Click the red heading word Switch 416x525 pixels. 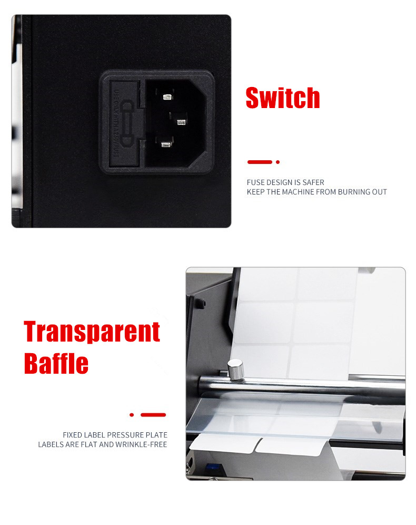tap(283, 98)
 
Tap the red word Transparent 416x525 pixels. tap(92, 332)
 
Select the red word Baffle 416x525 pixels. tap(56, 363)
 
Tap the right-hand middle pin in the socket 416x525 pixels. tap(181, 122)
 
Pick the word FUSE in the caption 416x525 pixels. tap(255, 182)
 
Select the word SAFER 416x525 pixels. tap(313, 182)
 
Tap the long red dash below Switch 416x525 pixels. tap(260, 162)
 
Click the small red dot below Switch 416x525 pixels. tap(278, 162)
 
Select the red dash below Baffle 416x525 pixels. tap(153, 415)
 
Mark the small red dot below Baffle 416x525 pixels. tap(132, 415)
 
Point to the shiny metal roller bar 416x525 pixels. tap(316, 387)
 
